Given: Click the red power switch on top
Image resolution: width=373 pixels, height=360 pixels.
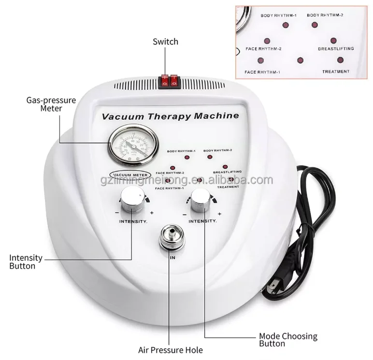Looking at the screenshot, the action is (169, 81).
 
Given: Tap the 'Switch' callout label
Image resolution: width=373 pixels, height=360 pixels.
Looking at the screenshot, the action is (165, 42).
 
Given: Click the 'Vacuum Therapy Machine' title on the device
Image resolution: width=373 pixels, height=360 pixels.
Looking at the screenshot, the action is (171, 116).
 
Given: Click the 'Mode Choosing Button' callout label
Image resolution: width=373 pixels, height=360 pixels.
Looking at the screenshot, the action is (288, 340).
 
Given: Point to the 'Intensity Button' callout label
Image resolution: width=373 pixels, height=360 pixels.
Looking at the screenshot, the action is (26, 262).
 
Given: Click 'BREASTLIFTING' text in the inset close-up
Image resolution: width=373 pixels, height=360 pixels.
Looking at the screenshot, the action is (336, 49).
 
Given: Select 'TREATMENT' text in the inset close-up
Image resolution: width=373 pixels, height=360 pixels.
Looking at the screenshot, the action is (336, 72).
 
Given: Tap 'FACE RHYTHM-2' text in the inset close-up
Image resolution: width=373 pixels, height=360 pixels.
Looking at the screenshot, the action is (263, 49).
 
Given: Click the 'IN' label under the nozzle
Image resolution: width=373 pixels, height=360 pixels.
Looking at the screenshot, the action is (172, 258).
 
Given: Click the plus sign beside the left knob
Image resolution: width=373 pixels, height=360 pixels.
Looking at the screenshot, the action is (152, 213).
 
